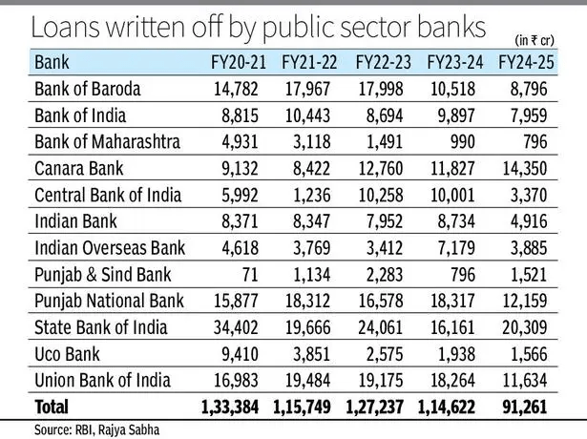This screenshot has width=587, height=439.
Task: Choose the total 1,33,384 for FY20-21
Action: tap(225, 408)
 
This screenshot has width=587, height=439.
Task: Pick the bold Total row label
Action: tap(52, 408)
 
